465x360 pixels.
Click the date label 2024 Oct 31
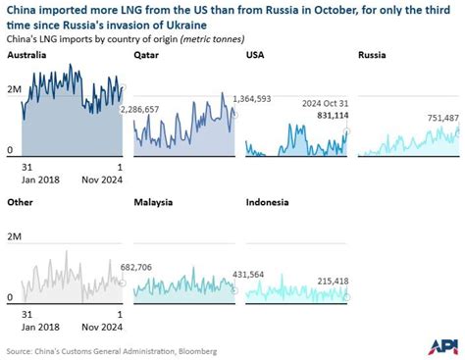319,103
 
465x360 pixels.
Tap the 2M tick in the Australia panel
13,90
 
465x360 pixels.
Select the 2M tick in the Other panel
13,236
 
